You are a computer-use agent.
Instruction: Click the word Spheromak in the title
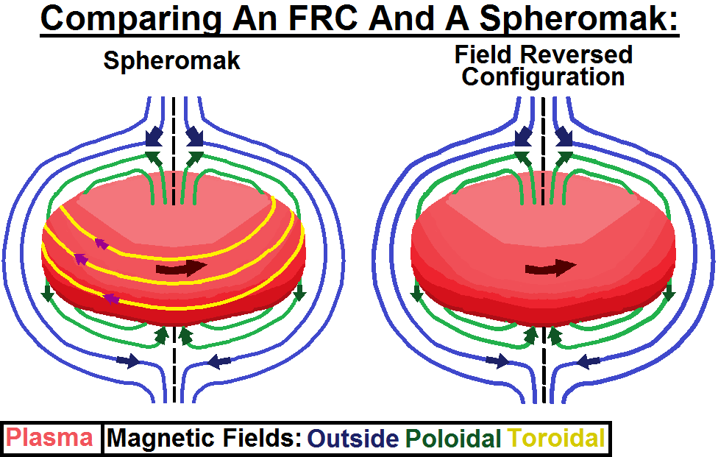pos(577,19)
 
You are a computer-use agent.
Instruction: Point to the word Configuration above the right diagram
pos(543,76)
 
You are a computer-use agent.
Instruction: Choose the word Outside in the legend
pos(354,439)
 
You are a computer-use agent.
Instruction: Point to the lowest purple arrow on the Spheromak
pos(110,298)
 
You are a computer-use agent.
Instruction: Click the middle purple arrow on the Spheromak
pos(79,258)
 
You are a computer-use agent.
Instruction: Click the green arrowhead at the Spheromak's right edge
pos(299,294)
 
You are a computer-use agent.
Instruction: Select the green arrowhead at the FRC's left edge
pos(417,294)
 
